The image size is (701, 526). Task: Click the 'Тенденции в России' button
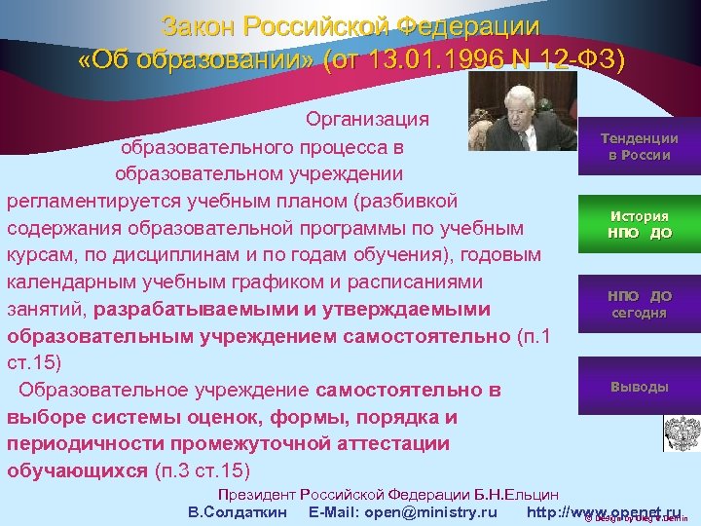click(x=639, y=147)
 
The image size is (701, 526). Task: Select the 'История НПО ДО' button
click(x=639, y=225)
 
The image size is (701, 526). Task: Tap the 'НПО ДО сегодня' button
click(x=639, y=304)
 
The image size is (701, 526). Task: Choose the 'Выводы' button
click(x=639, y=387)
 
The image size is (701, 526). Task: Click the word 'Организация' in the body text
click(x=367, y=119)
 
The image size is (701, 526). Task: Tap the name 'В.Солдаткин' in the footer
click(x=237, y=512)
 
